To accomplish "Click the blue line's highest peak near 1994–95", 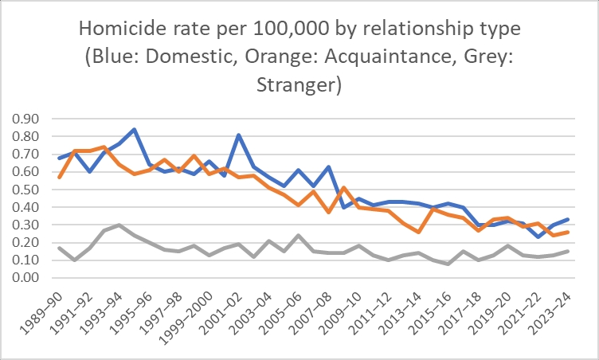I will [134, 129].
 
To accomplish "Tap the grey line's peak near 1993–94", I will [119, 225].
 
